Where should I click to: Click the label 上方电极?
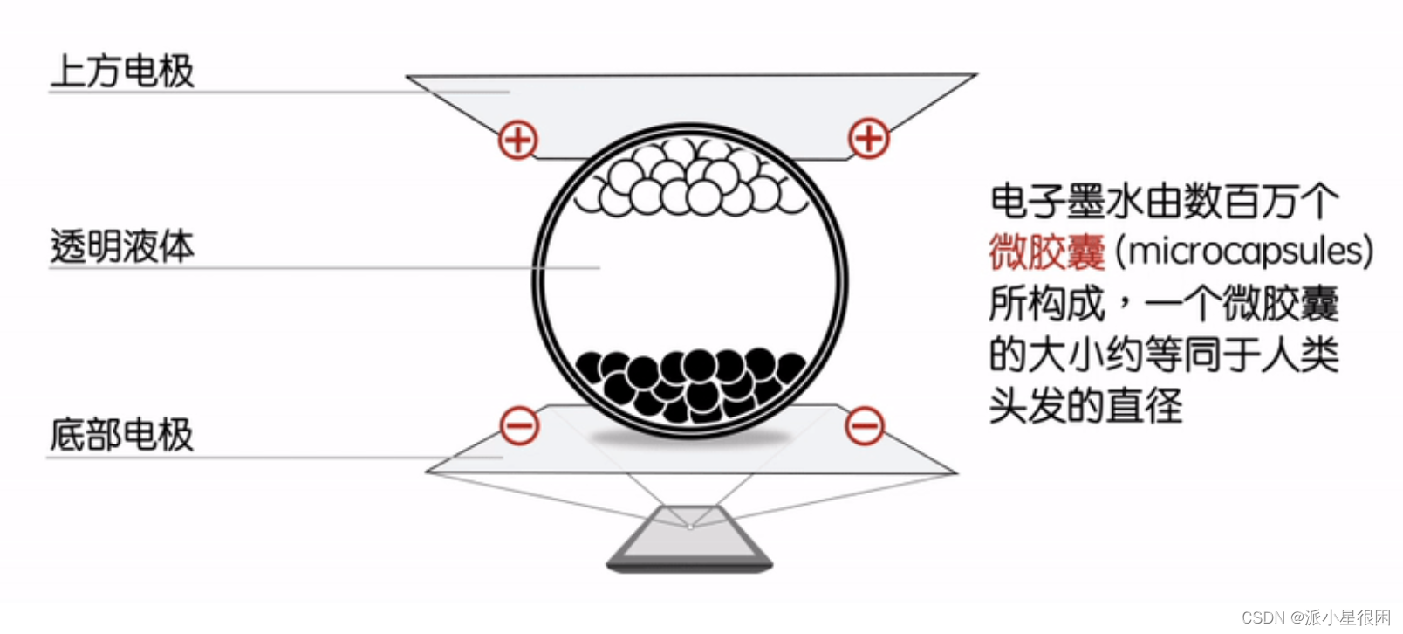point(122,71)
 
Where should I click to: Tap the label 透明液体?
point(122,247)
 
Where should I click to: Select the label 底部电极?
point(122,435)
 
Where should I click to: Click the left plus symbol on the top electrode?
point(518,140)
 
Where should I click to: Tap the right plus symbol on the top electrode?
point(869,138)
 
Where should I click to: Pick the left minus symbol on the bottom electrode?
point(519,425)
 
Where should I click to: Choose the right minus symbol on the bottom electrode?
point(865,425)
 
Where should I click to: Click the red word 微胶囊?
point(1047,252)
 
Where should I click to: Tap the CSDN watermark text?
point(1263,617)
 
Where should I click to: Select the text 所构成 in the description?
point(1047,304)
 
